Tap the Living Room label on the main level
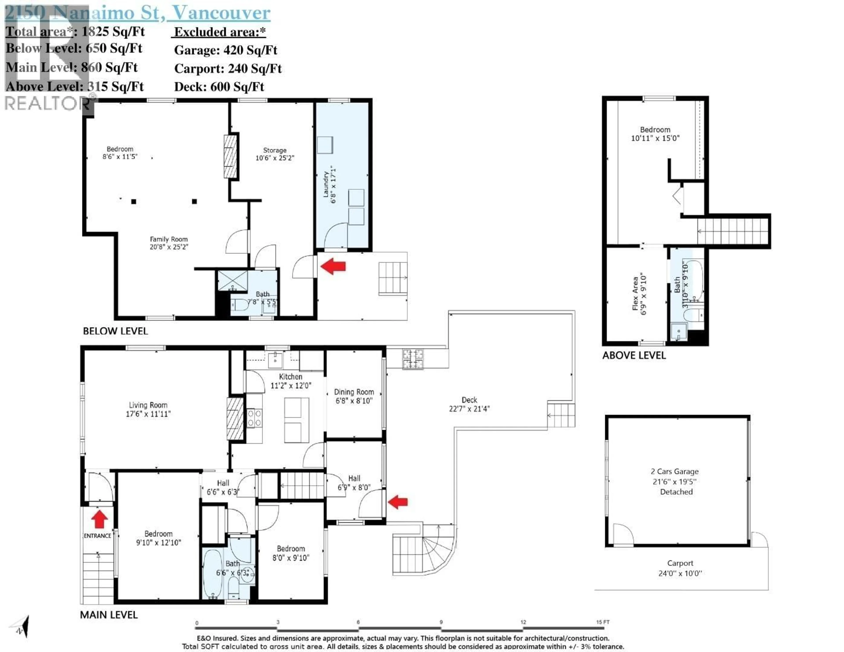[x=148, y=405]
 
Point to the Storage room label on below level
[x=275, y=150]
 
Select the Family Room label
[x=169, y=239]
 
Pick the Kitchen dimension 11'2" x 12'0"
[x=291, y=385]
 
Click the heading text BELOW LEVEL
[x=115, y=331]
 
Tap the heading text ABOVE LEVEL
[x=634, y=356]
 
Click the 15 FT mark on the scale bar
[x=602, y=622]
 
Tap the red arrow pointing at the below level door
[x=333, y=266]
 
